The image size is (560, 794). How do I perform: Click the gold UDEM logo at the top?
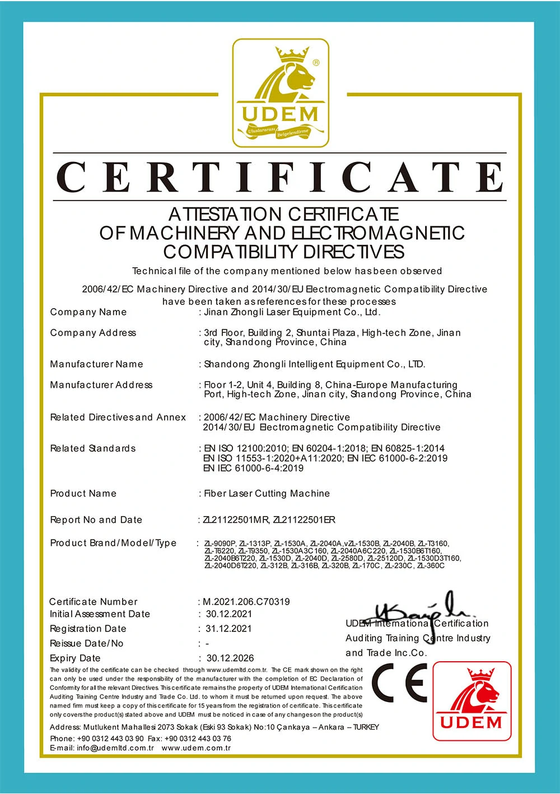pos(281,93)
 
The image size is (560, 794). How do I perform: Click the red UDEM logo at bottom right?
pos(472,700)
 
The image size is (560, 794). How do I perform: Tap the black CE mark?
pos(399,682)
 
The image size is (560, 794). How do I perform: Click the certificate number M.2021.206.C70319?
pos(246,602)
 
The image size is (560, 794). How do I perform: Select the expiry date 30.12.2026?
pos(230,658)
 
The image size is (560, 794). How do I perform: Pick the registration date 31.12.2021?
pos(228,629)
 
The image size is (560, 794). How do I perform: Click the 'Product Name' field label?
pos(83,494)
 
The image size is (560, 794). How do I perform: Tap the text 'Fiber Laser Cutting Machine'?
pos(267,494)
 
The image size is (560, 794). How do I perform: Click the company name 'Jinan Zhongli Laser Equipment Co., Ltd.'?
pos(292,312)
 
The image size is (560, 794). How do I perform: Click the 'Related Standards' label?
pos(93,448)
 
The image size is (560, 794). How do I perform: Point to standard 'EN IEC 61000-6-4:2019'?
pos(254,468)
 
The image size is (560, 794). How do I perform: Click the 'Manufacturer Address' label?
pos(101,385)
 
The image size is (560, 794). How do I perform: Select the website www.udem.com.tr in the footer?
pos(196,748)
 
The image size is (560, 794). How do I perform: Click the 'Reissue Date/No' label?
pos(87,643)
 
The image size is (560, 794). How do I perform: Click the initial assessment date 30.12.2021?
pos(228,614)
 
